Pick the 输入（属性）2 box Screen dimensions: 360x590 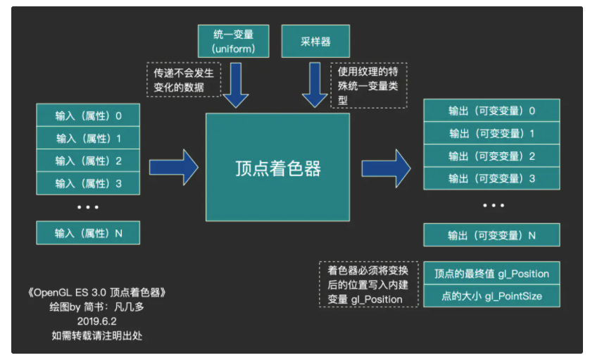[88, 161]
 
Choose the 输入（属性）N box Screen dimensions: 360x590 [88, 232]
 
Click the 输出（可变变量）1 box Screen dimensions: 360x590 [491, 133]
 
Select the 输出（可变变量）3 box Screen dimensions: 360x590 [491, 179]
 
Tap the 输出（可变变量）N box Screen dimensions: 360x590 [491, 235]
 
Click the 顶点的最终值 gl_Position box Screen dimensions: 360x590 [491, 273]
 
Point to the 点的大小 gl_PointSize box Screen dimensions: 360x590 [491, 296]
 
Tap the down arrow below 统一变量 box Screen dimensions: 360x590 [234, 86]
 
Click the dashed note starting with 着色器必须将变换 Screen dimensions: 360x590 [368, 285]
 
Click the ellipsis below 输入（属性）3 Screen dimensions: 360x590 [88, 207]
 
